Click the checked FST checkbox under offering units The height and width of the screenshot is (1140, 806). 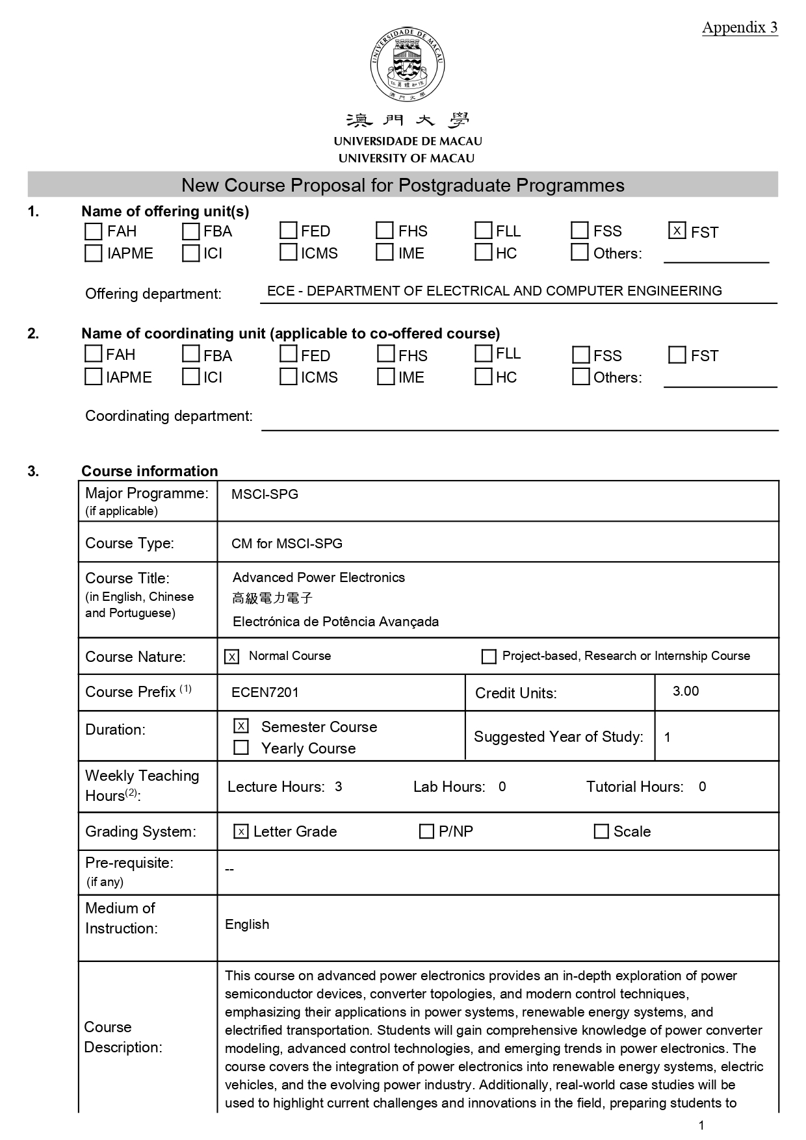677,231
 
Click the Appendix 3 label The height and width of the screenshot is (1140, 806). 739,27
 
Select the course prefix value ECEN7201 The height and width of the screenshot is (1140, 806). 265,692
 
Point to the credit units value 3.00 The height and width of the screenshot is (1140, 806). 686,691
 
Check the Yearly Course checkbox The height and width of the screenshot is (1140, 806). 241,748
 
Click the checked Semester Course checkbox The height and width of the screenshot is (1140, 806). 241,726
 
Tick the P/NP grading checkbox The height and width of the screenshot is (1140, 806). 426,831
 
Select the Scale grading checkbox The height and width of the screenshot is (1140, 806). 601,831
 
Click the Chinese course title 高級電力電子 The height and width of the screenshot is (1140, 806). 273,598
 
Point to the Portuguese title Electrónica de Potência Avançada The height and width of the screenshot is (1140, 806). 335,622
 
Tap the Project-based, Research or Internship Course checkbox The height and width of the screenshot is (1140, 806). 489,657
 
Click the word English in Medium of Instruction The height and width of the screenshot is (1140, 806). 247,924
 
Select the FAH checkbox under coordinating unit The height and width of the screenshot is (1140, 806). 94,354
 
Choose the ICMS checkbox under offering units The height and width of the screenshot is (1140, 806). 288,252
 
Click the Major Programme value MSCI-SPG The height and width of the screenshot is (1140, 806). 265,494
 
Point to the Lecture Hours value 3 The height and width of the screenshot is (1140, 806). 339,787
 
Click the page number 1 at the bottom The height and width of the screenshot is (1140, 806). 701,1126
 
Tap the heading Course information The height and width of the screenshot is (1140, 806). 149,471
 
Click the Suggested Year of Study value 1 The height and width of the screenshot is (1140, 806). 668,737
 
